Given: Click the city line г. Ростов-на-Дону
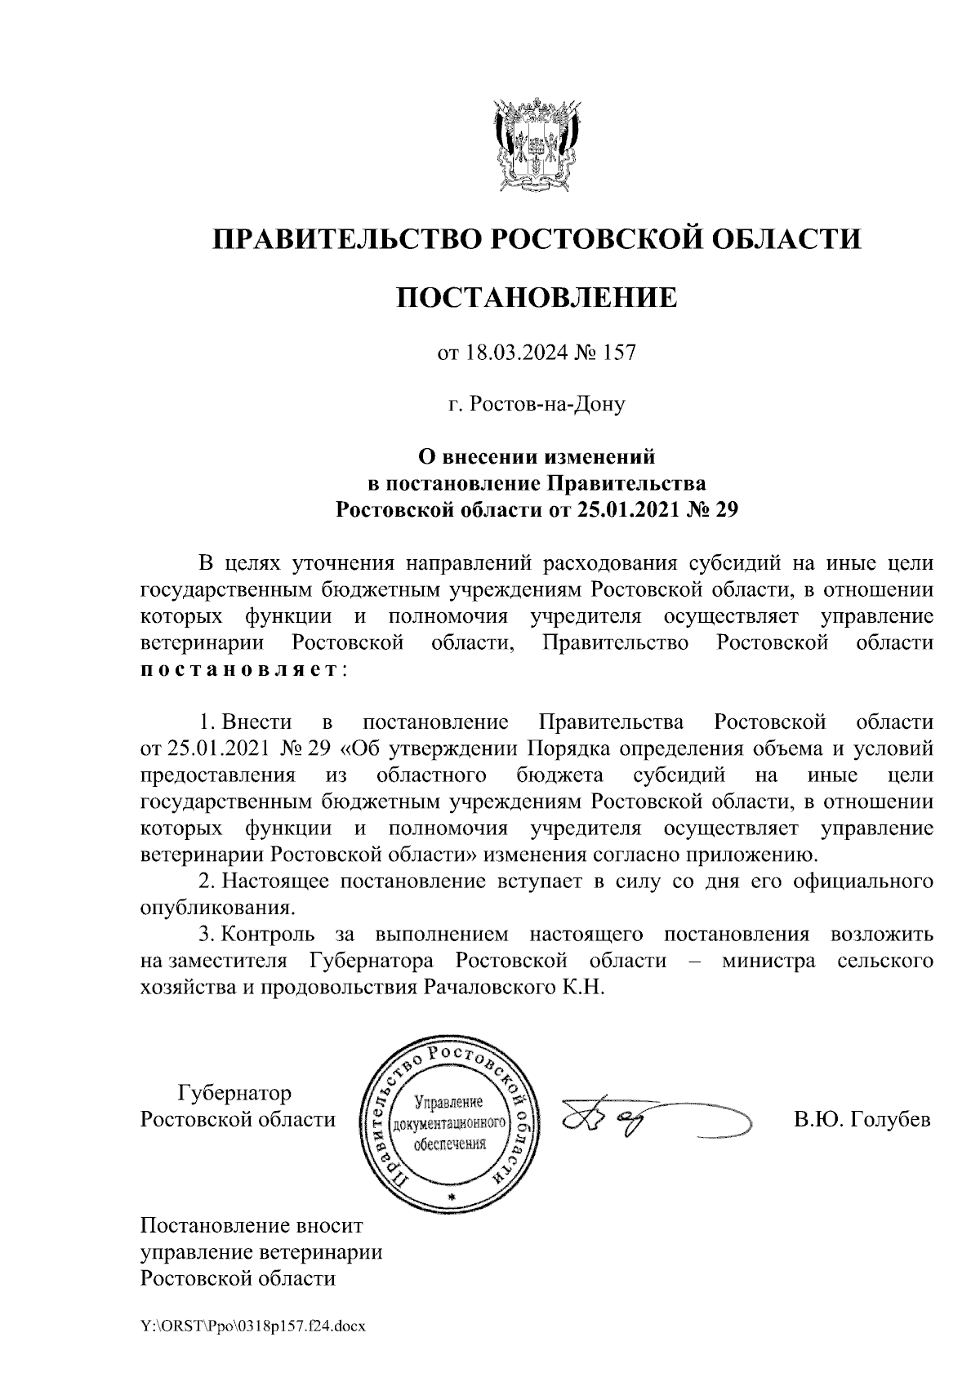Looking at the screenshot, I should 537,404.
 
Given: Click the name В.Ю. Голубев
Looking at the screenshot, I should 862,1119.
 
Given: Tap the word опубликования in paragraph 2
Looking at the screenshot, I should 216,908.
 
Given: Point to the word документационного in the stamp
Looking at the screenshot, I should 451,1124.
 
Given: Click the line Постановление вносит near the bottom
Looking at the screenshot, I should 252,1226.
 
